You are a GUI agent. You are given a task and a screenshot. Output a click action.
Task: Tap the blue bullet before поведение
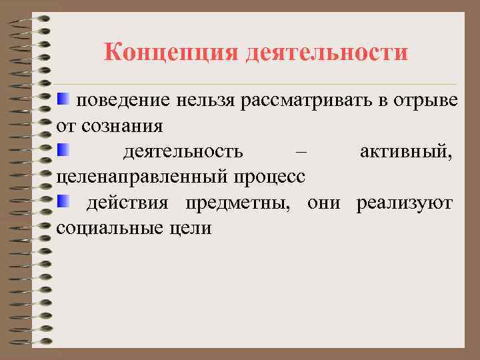(63, 99)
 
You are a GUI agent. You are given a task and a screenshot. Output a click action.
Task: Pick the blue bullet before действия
(63, 199)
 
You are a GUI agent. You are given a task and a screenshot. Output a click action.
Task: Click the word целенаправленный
(139, 176)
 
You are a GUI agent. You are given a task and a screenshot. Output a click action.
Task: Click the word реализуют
(405, 202)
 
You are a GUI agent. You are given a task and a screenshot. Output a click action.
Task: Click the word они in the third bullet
(323, 202)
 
